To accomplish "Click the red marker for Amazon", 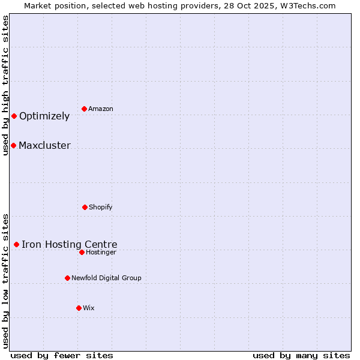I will click(x=84, y=109).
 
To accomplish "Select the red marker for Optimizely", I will click(x=14, y=116).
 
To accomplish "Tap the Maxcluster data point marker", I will click(x=13, y=145).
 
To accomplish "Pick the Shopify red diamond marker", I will click(x=85, y=207).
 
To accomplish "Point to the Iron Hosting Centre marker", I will click(x=16, y=244).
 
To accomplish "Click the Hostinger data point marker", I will click(x=82, y=252).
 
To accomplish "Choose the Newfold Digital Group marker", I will click(x=67, y=278).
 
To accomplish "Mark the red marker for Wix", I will click(x=79, y=308).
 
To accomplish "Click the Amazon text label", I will click(x=101, y=109).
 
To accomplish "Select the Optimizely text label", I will click(x=44, y=116).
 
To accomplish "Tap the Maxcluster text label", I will click(x=44, y=145).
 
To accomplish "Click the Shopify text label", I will click(x=101, y=207).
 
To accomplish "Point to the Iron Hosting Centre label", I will click(x=70, y=244).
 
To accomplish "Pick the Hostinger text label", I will click(x=101, y=252).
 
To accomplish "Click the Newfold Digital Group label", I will click(x=107, y=278).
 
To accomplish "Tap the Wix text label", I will click(x=89, y=308).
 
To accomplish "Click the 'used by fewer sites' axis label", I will click(x=62, y=355).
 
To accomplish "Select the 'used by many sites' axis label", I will click(x=301, y=355).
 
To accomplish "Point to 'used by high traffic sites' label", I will click(x=5, y=85).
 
